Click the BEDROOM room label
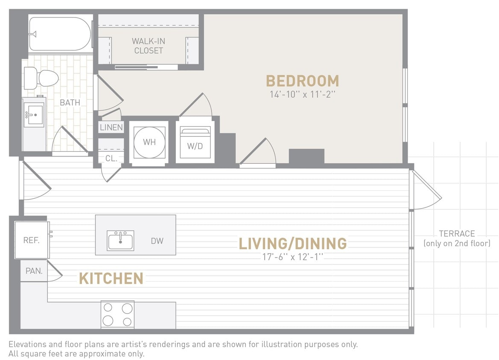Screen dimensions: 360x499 tap(302, 81)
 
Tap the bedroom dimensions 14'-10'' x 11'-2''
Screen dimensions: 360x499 tap(302, 94)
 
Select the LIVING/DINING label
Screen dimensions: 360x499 tap(292, 244)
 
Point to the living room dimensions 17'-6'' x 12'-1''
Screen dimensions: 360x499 tap(293, 257)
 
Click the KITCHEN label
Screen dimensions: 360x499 tap(111, 279)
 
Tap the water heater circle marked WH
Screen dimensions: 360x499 tap(149, 142)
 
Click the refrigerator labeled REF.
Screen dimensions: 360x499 tap(32, 240)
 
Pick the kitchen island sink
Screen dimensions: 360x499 tap(120, 241)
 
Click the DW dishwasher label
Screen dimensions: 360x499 tap(157, 241)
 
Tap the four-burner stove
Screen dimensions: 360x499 tap(117, 314)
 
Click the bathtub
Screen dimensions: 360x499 tap(60, 34)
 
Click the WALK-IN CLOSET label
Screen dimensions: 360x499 tap(148, 46)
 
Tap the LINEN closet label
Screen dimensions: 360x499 tap(111, 127)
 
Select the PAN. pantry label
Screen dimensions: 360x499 tap(34, 271)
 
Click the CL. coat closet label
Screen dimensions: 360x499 tap(111, 158)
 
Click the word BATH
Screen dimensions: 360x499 tap(70, 102)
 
